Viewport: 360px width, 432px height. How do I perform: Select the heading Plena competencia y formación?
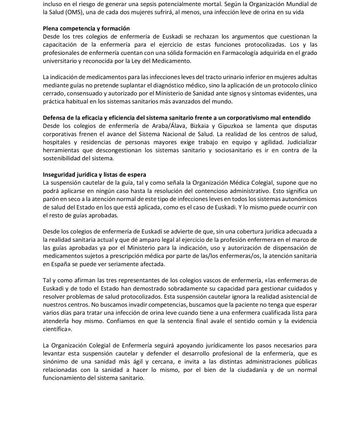coord(86,28)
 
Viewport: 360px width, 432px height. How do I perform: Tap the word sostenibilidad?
coord(64,158)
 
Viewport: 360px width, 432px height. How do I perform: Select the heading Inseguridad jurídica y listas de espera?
coord(94,175)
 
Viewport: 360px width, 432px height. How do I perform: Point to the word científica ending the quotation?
coord(58,329)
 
